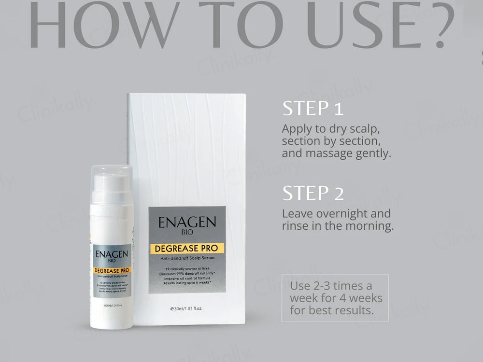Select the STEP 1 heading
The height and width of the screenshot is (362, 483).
coord(313,108)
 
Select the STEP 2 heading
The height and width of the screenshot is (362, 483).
coord(313,193)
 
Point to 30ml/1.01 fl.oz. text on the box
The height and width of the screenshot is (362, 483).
coord(186,307)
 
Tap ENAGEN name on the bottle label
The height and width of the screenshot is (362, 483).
coord(111,254)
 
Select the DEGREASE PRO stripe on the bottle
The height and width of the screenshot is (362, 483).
coord(111,271)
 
